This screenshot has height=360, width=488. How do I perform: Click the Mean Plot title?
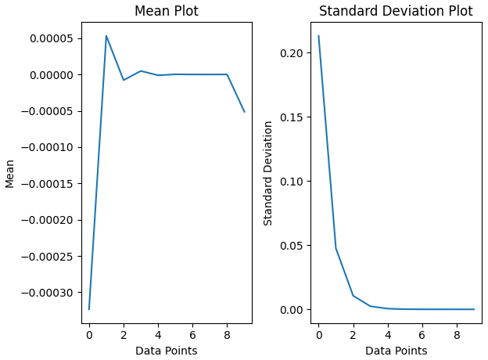(167, 11)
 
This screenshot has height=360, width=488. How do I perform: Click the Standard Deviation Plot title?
(396, 11)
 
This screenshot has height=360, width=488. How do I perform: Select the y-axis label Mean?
(9, 174)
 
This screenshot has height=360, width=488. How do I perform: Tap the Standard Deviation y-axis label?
(267, 173)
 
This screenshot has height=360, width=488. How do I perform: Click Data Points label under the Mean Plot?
(167, 351)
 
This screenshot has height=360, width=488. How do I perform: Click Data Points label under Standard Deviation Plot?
(396, 351)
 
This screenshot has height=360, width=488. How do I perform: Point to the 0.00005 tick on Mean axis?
(52, 38)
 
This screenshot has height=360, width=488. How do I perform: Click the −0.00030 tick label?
(47, 293)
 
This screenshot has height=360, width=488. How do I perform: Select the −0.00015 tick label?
(47, 184)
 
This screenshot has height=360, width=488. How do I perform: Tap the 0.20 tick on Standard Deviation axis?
(291, 53)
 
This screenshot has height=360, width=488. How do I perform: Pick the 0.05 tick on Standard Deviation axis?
(291, 246)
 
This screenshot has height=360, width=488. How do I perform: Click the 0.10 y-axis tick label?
(291, 182)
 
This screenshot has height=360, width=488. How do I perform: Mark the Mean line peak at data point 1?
(106, 36)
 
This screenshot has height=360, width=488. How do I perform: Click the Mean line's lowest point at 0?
(89, 310)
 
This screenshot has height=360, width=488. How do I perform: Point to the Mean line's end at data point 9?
(245, 112)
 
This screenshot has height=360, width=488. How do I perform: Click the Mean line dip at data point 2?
(124, 80)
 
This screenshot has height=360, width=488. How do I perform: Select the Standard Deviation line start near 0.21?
(318, 35)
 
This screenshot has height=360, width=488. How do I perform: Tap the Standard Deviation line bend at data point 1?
(335, 248)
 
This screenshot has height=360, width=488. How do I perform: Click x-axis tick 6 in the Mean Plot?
(192, 335)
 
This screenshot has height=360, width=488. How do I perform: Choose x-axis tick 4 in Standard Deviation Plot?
(388, 335)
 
